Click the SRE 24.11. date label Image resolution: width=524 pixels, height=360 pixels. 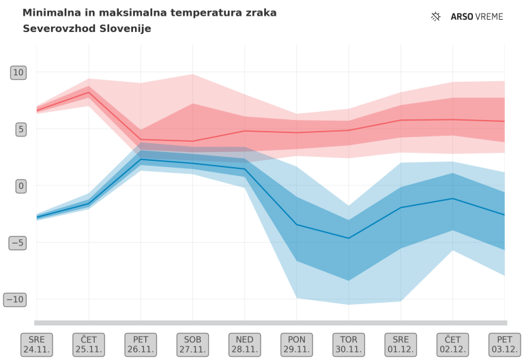tap(37, 344)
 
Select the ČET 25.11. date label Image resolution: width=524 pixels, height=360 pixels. tap(89, 344)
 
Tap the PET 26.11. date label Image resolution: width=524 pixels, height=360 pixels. tap(141, 344)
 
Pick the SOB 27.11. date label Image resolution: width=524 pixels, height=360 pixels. tap(192, 344)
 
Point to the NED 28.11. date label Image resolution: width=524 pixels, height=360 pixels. tap(244, 344)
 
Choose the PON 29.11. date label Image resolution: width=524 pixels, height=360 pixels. tap(296, 344)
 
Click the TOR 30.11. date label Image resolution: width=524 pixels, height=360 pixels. tap(348, 344)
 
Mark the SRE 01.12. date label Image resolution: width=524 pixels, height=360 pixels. tap(400, 344)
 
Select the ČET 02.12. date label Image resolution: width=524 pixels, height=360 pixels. tap(452, 344)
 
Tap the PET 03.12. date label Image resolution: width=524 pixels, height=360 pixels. tap(504, 344)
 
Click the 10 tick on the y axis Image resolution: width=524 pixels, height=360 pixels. tap(18, 72)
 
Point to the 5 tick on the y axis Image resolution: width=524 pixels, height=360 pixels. tap(20, 129)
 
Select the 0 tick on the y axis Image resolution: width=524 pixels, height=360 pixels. tap(20, 185)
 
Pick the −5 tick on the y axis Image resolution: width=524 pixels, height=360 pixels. tap(18, 242)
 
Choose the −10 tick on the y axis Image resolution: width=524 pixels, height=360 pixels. tap(15, 299)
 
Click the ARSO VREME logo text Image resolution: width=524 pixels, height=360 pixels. tap(477, 16)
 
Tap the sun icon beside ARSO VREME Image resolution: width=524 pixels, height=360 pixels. tap(437, 16)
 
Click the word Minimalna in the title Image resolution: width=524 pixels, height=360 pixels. tap(50, 13)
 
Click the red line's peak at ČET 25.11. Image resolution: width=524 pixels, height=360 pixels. tap(89, 93)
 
